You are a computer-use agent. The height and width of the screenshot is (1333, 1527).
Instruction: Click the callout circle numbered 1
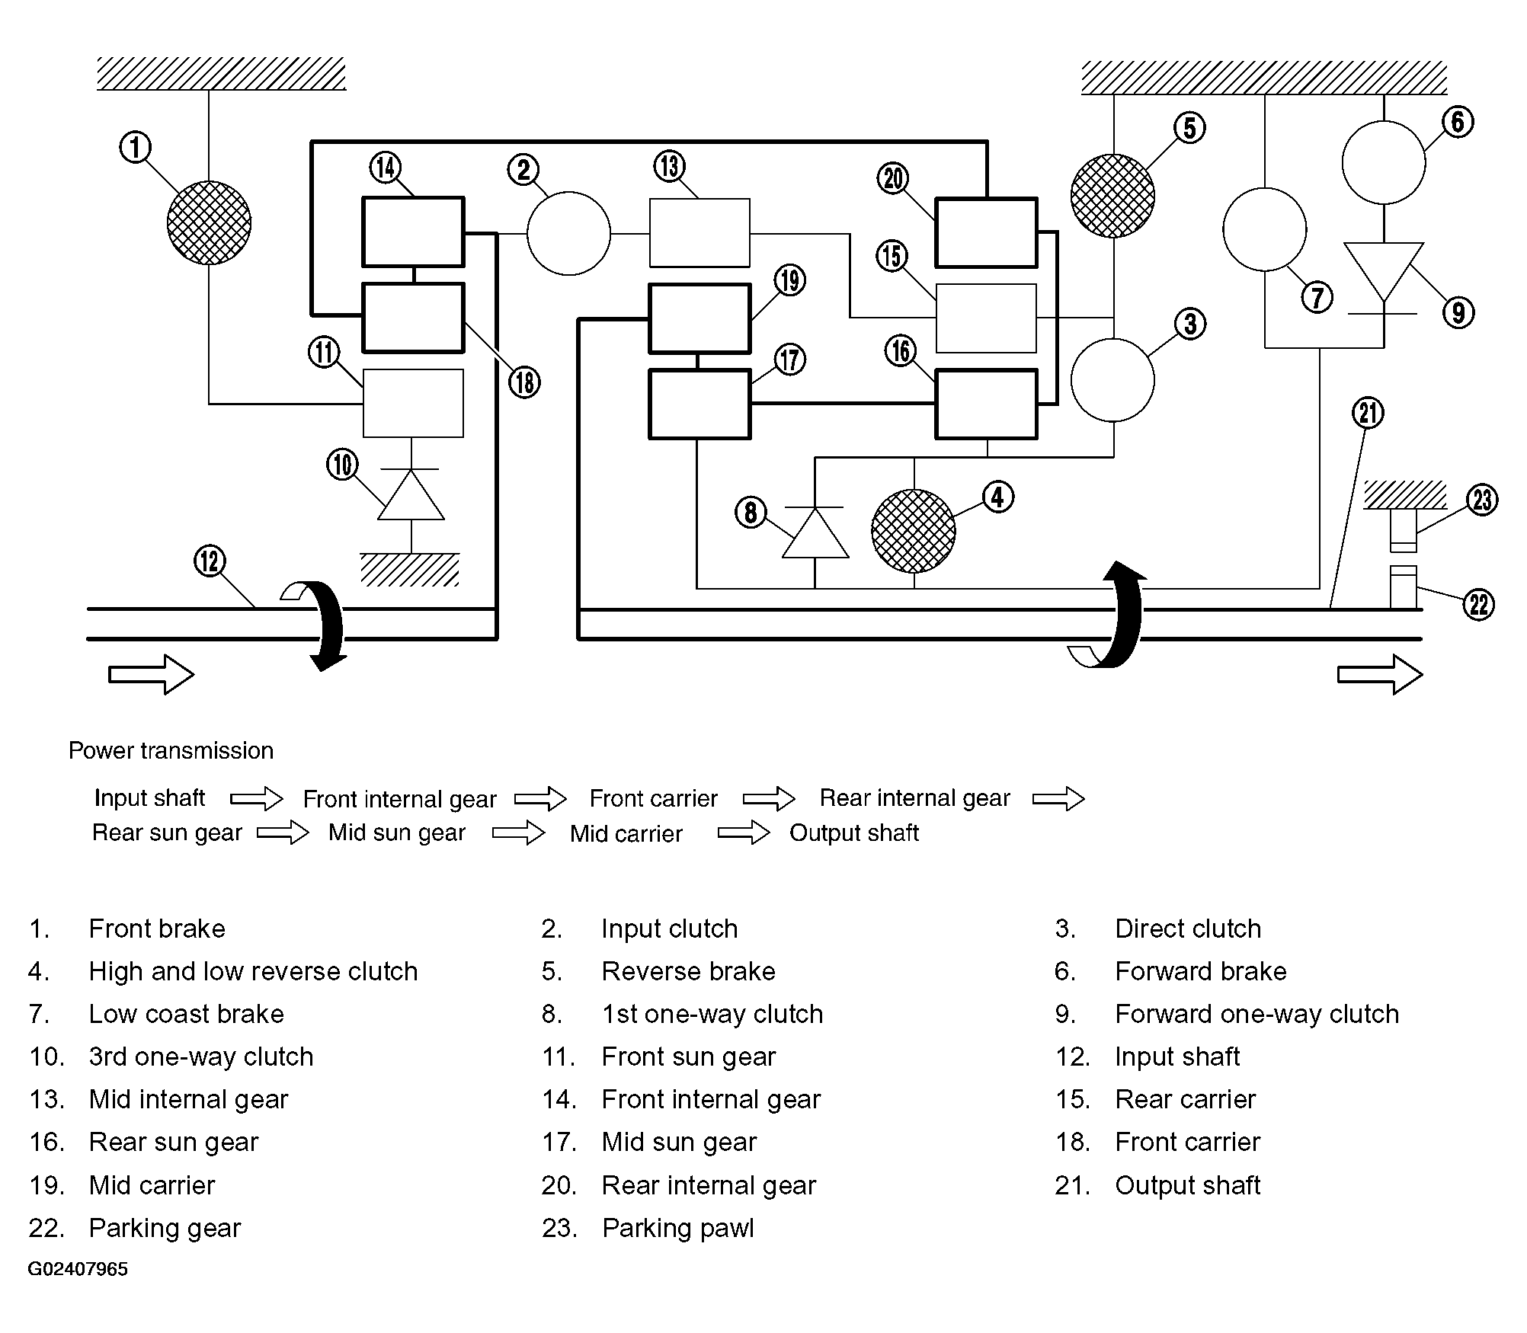pos(136,147)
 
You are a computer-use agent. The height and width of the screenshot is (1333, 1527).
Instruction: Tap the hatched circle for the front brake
pos(209,222)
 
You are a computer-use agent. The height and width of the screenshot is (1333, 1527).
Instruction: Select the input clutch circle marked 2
pos(568,233)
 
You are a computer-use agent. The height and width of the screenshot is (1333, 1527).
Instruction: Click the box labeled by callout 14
pos(413,232)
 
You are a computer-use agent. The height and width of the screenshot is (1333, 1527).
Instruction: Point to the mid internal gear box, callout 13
pos(699,233)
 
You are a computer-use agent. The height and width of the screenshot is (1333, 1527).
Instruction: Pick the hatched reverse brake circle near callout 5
pos(1112,196)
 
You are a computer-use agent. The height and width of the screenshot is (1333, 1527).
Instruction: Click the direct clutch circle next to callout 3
pos(1112,380)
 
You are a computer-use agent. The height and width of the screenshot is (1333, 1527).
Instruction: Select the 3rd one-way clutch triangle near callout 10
pos(411,494)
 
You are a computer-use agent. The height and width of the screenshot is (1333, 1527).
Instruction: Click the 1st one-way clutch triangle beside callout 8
pos(815,532)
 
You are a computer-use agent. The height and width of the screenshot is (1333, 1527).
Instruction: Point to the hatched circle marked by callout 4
pos(914,531)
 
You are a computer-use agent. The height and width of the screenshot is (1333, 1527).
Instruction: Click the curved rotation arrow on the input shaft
pos(324,625)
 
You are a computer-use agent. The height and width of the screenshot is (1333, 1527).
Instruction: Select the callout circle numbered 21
pos(1368,413)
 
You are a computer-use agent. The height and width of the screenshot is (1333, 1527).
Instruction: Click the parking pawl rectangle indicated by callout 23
pos(1404,529)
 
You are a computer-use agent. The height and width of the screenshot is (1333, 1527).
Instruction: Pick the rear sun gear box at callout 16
pos(986,404)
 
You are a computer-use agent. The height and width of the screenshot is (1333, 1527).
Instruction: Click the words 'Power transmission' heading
pos(171,751)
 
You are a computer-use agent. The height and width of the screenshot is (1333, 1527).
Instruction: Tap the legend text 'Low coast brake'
pos(187,1014)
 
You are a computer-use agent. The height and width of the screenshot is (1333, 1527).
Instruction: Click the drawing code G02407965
pos(78,1269)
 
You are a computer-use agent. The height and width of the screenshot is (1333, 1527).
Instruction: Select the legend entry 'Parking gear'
pos(165,1228)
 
